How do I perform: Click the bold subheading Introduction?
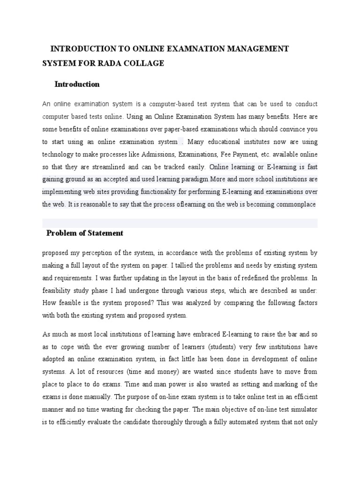[77, 84]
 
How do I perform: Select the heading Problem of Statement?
[85, 233]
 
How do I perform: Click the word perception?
[89, 253]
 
